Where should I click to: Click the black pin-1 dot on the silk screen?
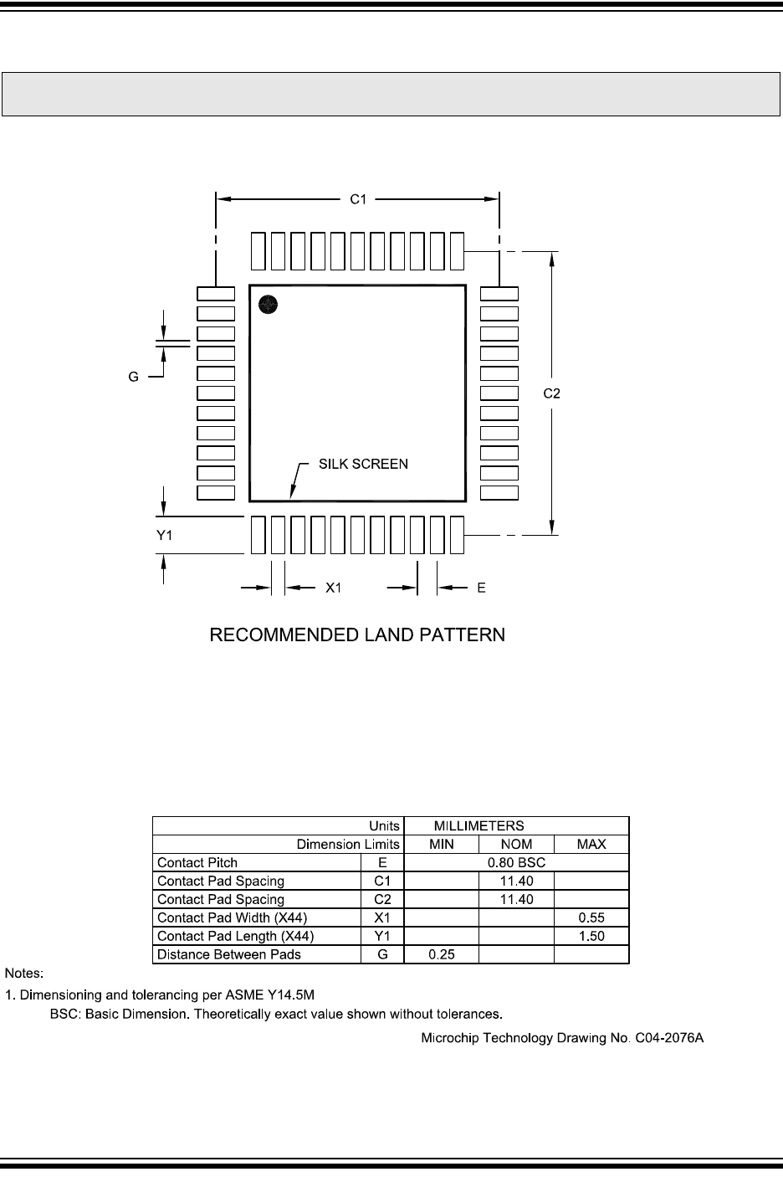tap(268, 305)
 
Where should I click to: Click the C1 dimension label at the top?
tap(358, 199)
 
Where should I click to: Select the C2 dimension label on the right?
tap(551, 393)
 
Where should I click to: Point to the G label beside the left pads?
tap(133, 378)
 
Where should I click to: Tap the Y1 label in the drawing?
tap(165, 536)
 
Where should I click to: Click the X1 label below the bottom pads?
tap(334, 588)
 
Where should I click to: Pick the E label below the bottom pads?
tap(481, 588)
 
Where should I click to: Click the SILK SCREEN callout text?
tap(363, 464)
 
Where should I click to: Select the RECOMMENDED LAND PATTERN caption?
tap(357, 635)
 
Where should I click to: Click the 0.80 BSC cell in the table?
tap(515, 863)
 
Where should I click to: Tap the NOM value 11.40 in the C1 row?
tap(516, 881)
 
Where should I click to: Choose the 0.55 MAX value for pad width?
tap(591, 918)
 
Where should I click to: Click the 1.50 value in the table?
tap(591, 937)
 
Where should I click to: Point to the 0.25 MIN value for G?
tap(441, 955)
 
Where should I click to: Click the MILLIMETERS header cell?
tap(478, 826)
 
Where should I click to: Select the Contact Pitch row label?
tap(197, 863)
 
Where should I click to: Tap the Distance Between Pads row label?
tap(229, 955)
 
